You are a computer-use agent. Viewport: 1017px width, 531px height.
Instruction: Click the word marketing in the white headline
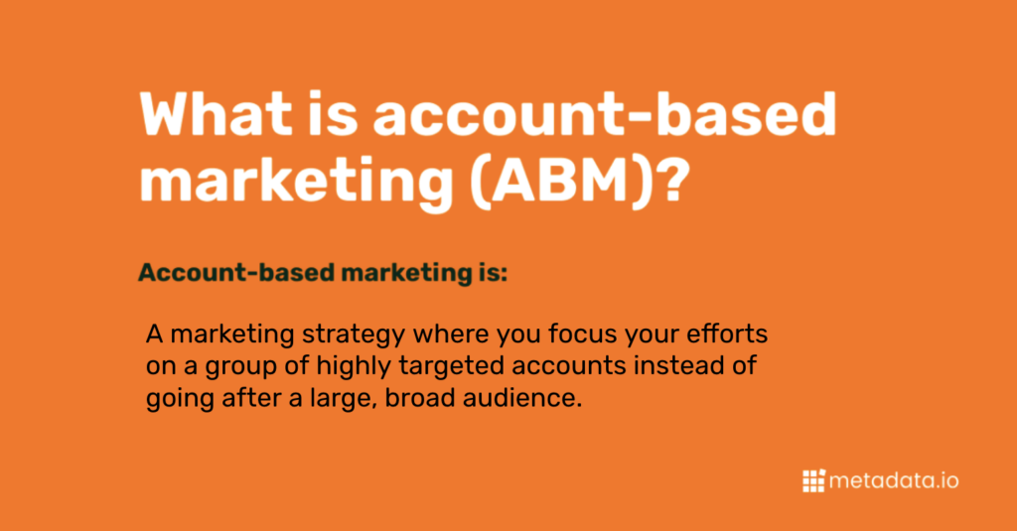click(296, 184)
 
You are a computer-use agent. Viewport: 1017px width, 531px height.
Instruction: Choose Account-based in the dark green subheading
click(236, 272)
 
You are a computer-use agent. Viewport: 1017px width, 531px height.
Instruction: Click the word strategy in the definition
click(354, 335)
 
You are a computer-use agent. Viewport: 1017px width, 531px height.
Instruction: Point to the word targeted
click(452, 367)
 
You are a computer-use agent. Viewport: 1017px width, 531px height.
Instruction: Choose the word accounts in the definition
click(569, 366)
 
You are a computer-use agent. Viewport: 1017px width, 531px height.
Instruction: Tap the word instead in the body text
click(673, 365)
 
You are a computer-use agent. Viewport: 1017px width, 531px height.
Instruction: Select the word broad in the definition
click(420, 397)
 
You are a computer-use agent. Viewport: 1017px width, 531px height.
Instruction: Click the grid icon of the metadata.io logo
click(813, 480)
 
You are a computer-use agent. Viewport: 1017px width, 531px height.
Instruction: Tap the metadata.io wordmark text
click(894, 481)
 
